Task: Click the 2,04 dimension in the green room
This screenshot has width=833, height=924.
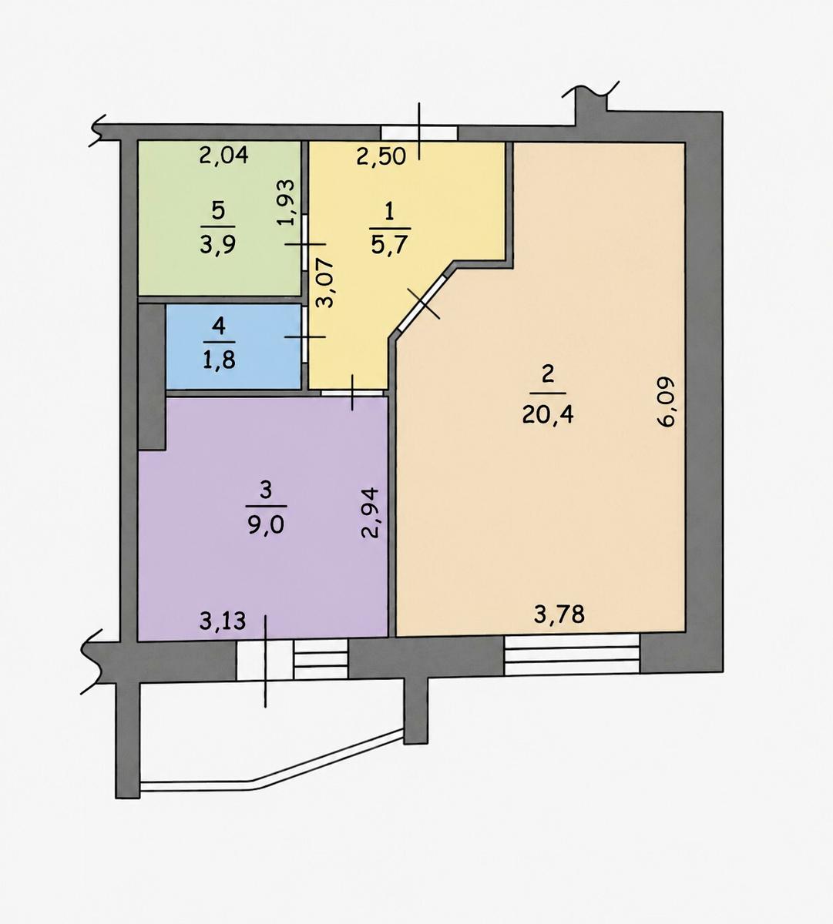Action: [x=223, y=156]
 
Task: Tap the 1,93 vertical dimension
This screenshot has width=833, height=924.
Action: [x=285, y=202]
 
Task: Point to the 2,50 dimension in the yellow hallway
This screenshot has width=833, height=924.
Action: [x=381, y=156]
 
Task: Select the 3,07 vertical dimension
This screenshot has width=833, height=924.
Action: [x=324, y=283]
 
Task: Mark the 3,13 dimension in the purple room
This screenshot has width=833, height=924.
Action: [x=223, y=622]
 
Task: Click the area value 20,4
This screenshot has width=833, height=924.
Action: [x=548, y=415]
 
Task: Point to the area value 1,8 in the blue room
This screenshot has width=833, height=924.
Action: [x=219, y=360]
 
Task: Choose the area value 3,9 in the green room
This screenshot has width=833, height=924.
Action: [x=218, y=245]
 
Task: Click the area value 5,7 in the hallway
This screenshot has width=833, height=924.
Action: [x=390, y=246]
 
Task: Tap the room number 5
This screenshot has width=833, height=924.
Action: [x=218, y=211]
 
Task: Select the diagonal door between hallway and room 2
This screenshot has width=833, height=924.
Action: [x=423, y=303]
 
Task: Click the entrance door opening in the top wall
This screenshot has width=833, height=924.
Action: [x=419, y=132]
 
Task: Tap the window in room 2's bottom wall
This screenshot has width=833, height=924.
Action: [x=572, y=654]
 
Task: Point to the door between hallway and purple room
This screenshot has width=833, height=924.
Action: [x=353, y=393]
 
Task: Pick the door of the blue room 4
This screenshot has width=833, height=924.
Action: [x=305, y=336]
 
